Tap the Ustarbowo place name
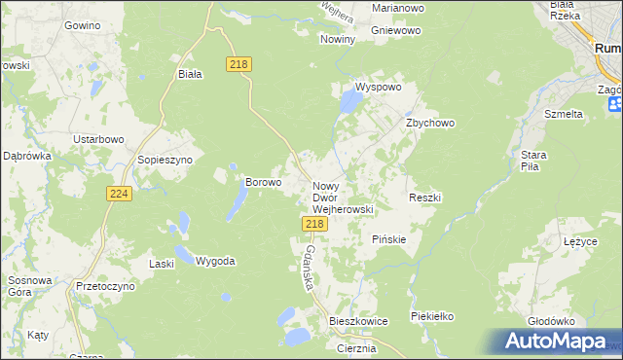(x=99, y=139)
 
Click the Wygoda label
(x=215, y=261)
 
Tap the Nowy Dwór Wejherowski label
(x=343, y=197)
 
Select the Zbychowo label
(x=430, y=124)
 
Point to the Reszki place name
(x=425, y=198)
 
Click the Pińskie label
(x=389, y=238)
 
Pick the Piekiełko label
(x=433, y=317)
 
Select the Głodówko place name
(x=551, y=320)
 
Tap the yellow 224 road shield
(x=119, y=195)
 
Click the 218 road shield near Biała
(x=238, y=64)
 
